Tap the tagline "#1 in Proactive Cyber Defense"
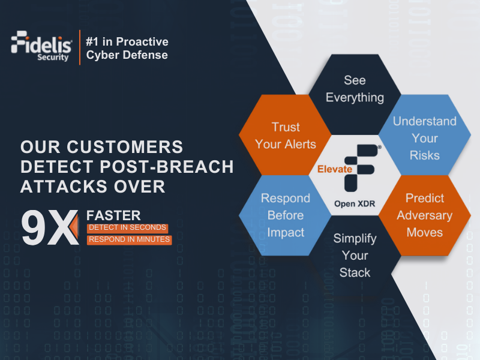coord(127,48)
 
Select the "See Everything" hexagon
coord(355,89)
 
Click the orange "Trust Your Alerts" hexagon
coord(285,135)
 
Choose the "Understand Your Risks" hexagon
coord(424,138)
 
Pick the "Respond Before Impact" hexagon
coord(285,215)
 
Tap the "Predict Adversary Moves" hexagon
coord(424,215)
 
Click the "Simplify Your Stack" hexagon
coord(355,255)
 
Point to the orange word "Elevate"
coord(335,170)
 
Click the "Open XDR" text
coord(355,203)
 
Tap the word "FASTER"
coord(114,215)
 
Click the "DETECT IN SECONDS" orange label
coord(127,228)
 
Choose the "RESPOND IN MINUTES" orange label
coord(129,240)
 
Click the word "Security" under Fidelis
coord(56,58)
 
